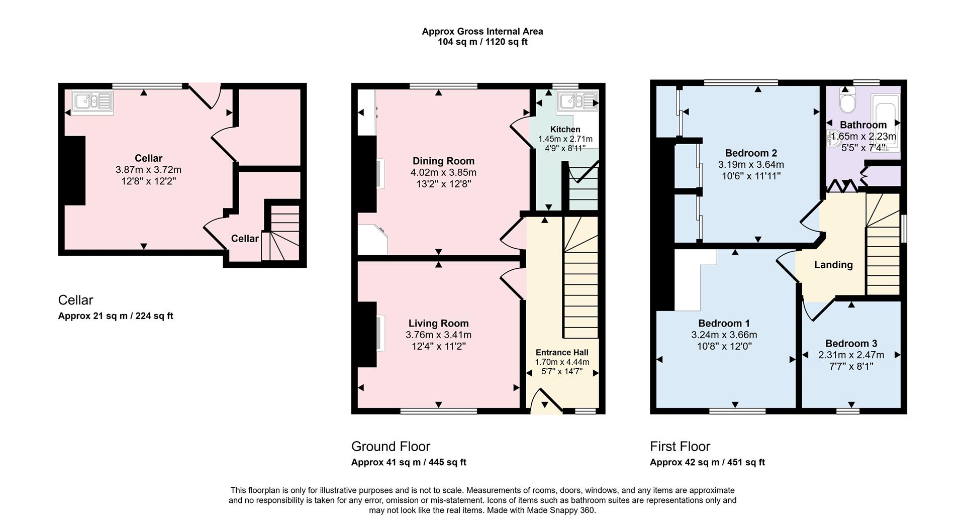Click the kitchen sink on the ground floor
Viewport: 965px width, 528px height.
coord(576,102)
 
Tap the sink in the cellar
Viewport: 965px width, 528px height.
coord(92,102)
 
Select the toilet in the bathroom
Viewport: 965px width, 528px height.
coord(847,102)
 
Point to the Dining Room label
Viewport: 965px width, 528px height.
coord(443,161)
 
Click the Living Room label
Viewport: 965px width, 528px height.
coord(438,324)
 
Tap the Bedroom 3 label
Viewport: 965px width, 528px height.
coord(851,344)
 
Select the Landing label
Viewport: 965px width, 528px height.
coord(833,265)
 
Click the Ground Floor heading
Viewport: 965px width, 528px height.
coord(391,446)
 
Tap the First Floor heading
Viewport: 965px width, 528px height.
coord(680,446)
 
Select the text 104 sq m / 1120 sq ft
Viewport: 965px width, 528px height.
coord(482,42)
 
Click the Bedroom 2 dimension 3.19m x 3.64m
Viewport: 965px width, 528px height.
coord(751,165)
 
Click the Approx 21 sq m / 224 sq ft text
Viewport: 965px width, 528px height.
coord(116,316)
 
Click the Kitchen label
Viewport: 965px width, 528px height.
coord(565,130)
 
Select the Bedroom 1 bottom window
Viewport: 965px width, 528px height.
coord(737,411)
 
